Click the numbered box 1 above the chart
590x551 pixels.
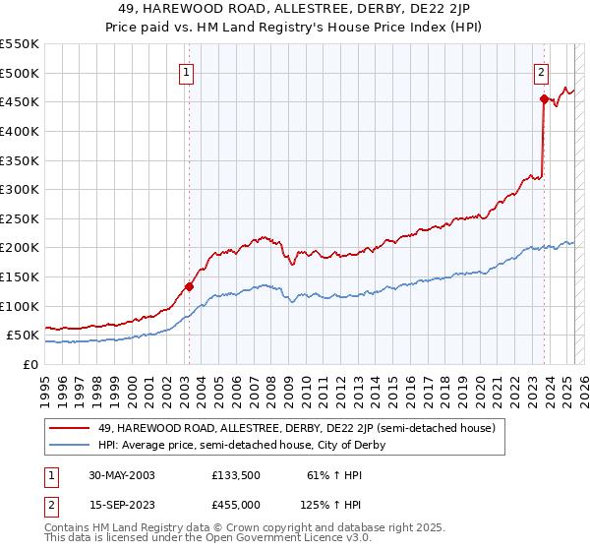pyautogui.click(x=187, y=70)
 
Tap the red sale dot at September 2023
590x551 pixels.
pyautogui.click(x=544, y=98)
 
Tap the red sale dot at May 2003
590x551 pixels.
pyautogui.click(x=189, y=286)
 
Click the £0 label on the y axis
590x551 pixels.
pyautogui.click(x=31, y=364)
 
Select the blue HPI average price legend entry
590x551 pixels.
pyautogui.click(x=242, y=445)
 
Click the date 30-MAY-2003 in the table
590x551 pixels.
pyautogui.click(x=122, y=475)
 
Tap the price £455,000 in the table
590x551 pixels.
pyautogui.click(x=237, y=505)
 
